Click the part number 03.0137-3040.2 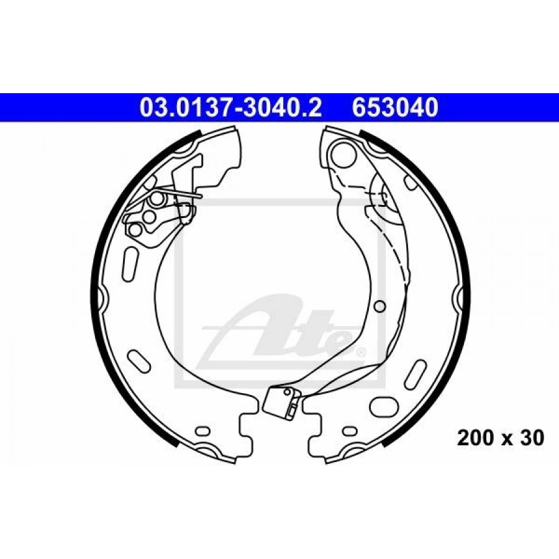(x=230, y=107)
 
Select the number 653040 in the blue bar (x=395, y=107)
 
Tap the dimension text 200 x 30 (x=501, y=438)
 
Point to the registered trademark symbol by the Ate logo (x=361, y=353)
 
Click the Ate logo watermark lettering (x=278, y=327)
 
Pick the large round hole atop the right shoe (x=343, y=154)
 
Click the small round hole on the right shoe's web (x=380, y=306)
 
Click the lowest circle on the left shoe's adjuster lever (x=134, y=230)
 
